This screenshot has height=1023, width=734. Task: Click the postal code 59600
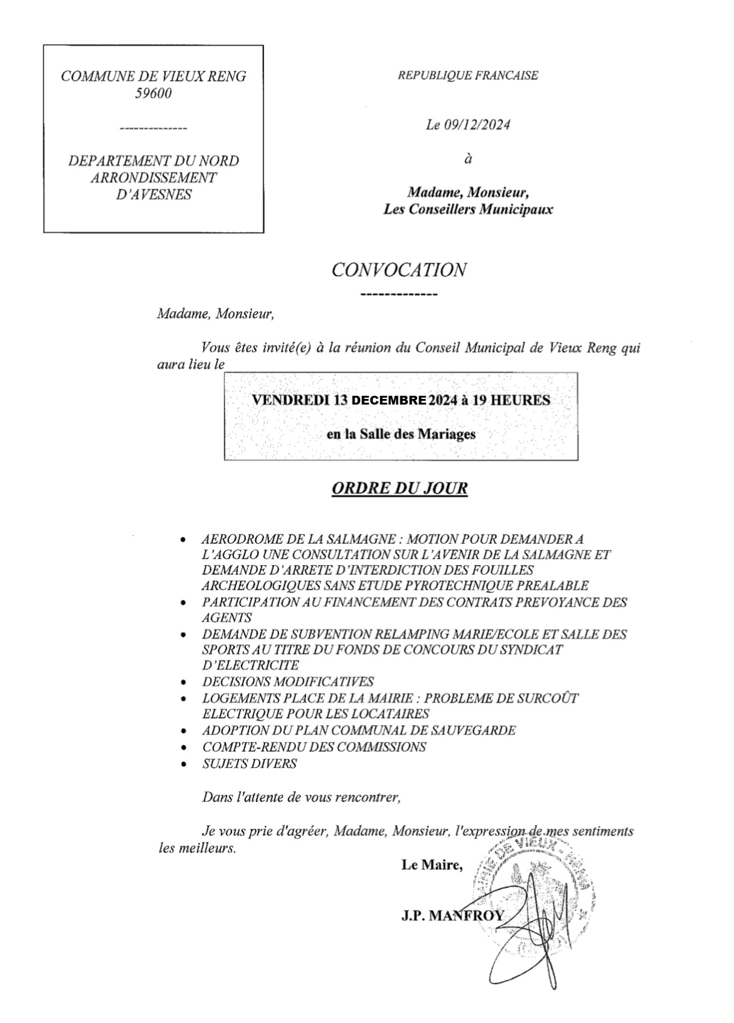153,94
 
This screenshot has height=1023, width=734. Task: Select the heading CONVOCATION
398,270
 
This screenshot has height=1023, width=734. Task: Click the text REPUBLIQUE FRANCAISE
468,75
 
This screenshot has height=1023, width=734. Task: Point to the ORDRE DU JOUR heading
399,489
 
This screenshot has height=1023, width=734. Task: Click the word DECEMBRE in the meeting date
389,400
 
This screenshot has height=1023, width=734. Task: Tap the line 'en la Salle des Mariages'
401,433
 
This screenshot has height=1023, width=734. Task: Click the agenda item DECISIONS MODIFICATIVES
287,682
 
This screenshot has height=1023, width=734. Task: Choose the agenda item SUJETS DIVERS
249,763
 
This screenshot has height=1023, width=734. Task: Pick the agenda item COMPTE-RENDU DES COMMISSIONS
314,747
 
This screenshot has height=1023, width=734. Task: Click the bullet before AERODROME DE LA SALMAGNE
183,539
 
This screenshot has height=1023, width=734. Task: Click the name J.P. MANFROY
452,916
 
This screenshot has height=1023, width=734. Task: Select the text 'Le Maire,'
432,866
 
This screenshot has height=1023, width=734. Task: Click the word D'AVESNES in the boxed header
154,194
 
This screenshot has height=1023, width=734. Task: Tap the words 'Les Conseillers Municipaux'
468,209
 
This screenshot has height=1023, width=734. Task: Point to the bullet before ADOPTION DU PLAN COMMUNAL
183,731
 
